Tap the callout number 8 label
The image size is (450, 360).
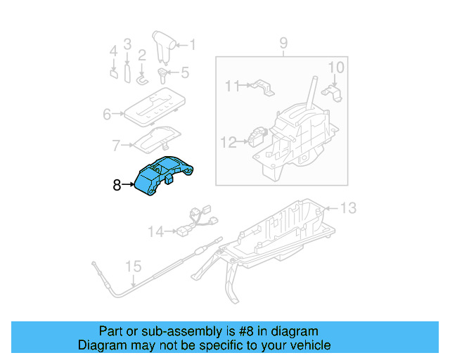117,186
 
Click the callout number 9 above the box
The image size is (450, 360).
283,44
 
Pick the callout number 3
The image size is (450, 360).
127,44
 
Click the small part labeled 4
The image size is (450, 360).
113,72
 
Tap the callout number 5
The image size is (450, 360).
185,72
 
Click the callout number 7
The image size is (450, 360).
116,146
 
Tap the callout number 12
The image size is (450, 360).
229,142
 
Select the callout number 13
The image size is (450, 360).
349,207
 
